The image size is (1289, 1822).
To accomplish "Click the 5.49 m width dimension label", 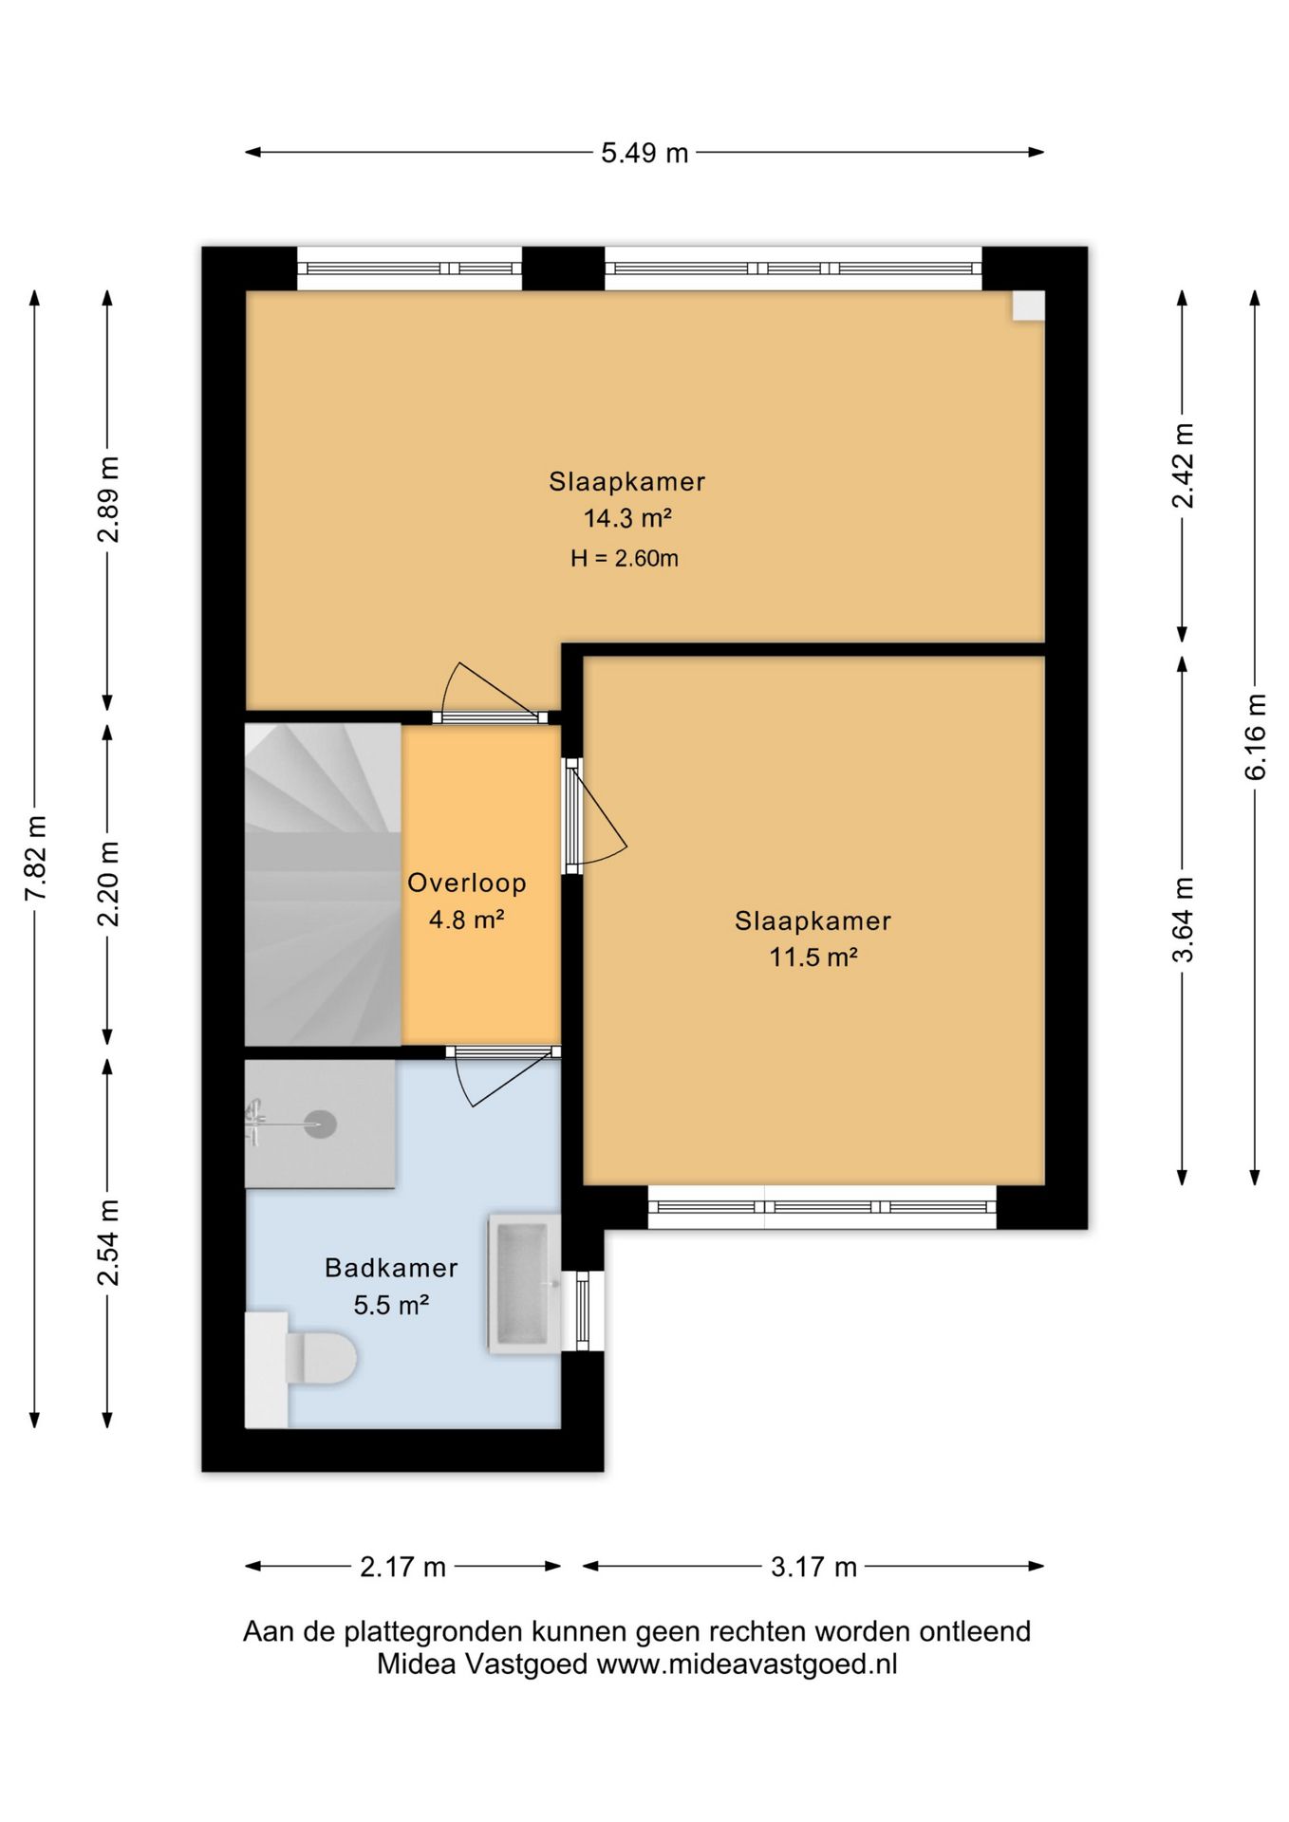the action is [x=644, y=153].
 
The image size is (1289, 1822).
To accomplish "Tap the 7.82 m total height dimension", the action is [x=35, y=858].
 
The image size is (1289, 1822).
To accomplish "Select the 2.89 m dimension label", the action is [x=108, y=499].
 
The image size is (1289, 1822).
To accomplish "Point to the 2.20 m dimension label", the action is [x=108, y=883].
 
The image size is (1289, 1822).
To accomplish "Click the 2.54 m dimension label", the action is [x=108, y=1243].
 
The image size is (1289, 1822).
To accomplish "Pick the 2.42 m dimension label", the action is [x=1183, y=465].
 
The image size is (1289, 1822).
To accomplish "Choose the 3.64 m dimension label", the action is [x=1183, y=920].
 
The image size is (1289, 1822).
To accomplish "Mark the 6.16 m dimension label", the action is [x=1255, y=736].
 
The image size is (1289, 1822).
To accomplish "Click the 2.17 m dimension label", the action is [x=402, y=1567].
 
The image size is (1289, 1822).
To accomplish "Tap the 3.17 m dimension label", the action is [x=813, y=1567].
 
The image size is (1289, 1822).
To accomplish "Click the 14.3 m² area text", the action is [x=627, y=518].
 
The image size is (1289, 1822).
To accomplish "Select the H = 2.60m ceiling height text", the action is [x=625, y=558].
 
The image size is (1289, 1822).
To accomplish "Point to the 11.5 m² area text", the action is [x=813, y=957].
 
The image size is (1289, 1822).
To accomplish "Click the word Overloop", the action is [x=467, y=883].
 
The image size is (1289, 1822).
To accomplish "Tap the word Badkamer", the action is [x=391, y=1268].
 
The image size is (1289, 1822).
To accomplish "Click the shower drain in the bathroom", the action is [x=320, y=1125].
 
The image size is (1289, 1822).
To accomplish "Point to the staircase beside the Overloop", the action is [x=323, y=885].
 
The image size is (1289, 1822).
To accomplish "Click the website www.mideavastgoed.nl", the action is [x=747, y=1664].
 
